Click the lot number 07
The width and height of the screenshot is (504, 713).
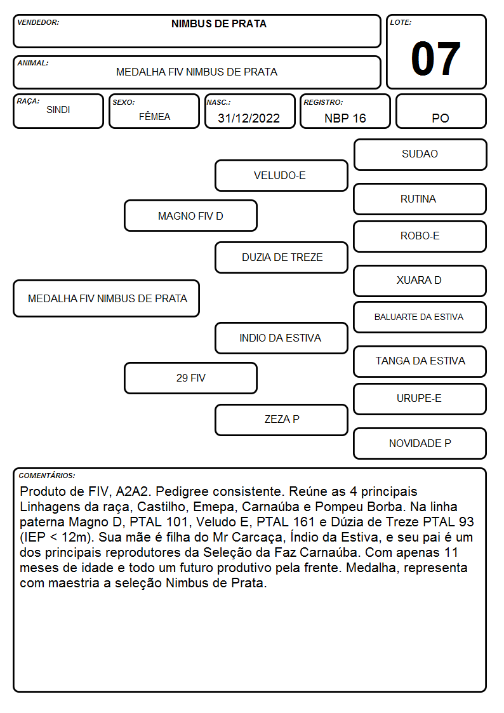(x=435, y=58)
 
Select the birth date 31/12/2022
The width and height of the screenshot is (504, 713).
(x=249, y=118)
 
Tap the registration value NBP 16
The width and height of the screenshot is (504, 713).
(x=345, y=118)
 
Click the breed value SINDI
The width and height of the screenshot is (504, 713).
(x=58, y=110)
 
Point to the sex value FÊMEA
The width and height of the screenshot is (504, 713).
(x=154, y=116)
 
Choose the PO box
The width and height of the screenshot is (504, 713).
(x=441, y=111)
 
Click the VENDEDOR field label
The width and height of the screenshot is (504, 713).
(x=38, y=22)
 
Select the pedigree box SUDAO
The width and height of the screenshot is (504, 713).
(x=420, y=155)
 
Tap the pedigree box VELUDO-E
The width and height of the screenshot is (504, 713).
(x=281, y=175)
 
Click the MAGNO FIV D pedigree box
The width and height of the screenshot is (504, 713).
(x=190, y=215)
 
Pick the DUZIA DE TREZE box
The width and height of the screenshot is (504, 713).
(x=281, y=257)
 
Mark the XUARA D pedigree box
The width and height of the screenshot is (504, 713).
(x=420, y=281)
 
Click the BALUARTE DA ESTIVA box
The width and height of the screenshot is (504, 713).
(x=420, y=317)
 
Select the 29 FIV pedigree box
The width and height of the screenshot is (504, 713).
(x=190, y=378)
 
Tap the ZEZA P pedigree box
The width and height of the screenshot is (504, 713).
(x=281, y=420)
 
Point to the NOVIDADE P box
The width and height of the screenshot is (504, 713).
(x=420, y=443)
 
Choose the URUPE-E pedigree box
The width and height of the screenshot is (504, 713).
(x=420, y=399)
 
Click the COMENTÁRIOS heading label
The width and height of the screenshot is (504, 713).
(x=47, y=476)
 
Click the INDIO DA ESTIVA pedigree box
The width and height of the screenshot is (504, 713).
(x=281, y=338)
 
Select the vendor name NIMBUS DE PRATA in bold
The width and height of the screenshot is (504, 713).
(x=218, y=24)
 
